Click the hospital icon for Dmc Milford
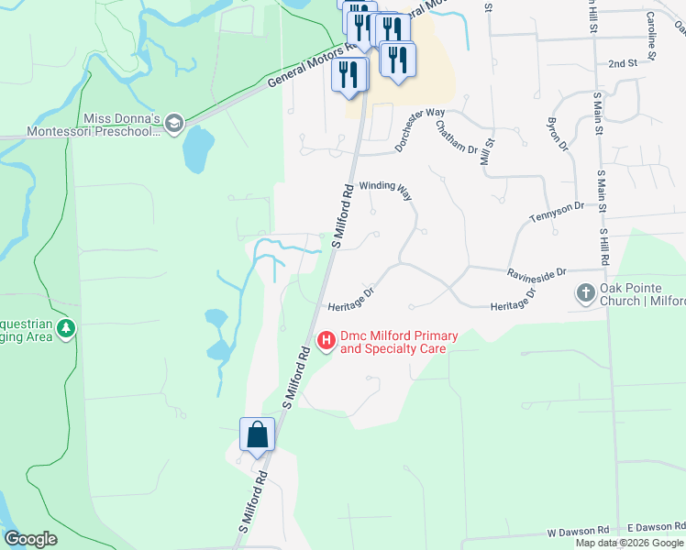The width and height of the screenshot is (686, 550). (x=326, y=341)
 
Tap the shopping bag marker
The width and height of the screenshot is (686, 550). (x=257, y=434)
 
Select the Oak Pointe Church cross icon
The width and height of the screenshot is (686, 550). (x=586, y=294)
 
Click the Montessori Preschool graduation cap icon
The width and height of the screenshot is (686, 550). (x=174, y=124)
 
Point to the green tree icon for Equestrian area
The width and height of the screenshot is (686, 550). (x=65, y=329)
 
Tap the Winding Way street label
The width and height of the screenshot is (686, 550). (x=385, y=186)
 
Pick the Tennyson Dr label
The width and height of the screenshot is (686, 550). (x=557, y=213)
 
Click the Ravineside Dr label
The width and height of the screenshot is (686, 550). (x=537, y=272)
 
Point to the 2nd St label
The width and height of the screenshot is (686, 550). (x=622, y=63)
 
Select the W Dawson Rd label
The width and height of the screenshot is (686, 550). (x=578, y=531)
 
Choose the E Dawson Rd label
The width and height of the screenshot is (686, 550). (x=656, y=527)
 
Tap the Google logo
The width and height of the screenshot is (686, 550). (x=30, y=539)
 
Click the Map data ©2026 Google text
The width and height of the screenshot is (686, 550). (x=629, y=543)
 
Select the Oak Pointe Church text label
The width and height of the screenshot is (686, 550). (x=642, y=294)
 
